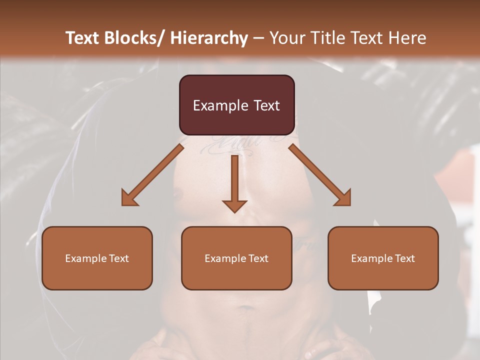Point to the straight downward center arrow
coord(234,182)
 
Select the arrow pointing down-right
coord(320,175)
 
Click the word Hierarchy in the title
coord(209,38)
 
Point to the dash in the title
coord(258,38)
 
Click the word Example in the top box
coord(220,105)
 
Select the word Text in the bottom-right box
coord(404,258)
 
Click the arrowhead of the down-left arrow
coord(129,198)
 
